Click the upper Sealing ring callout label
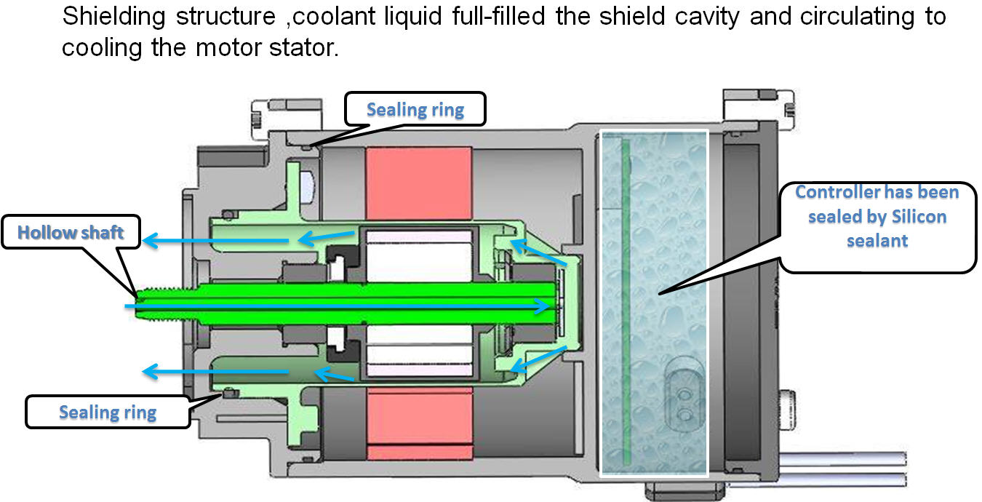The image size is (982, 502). pyautogui.click(x=415, y=109)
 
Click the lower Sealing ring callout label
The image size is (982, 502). pyautogui.click(x=108, y=412)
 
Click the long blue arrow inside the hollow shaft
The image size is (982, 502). pyautogui.click(x=335, y=307)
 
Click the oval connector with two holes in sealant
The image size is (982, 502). pyautogui.click(x=683, y=404)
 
